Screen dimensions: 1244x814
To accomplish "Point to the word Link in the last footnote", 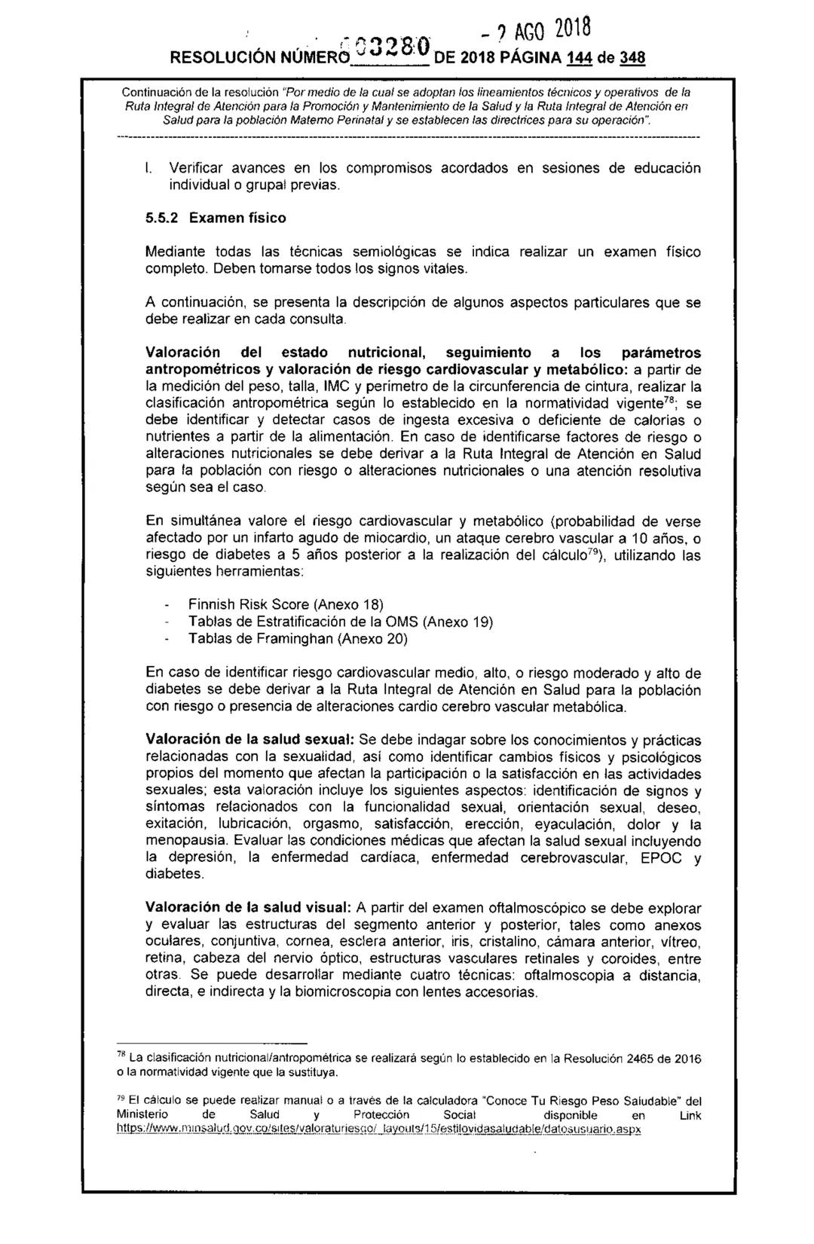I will coord(690,1116).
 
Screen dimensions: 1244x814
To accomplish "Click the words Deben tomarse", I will coord(253,267).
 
